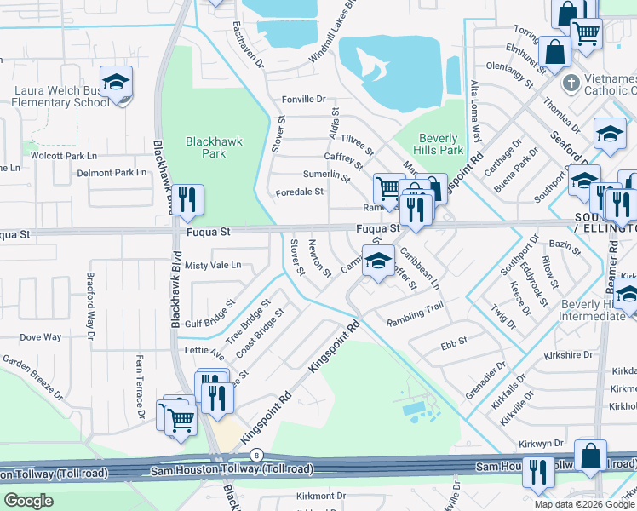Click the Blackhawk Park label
coord(206,147)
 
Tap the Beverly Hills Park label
coord(440,144)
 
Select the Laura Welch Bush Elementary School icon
coord(116,83)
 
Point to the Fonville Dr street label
coord(304,100)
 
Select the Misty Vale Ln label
coord(213,266)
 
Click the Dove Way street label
coord(41,337)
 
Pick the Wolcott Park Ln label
coord(64,156)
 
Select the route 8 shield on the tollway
coord(257,456)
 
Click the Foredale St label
coord(299,192)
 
